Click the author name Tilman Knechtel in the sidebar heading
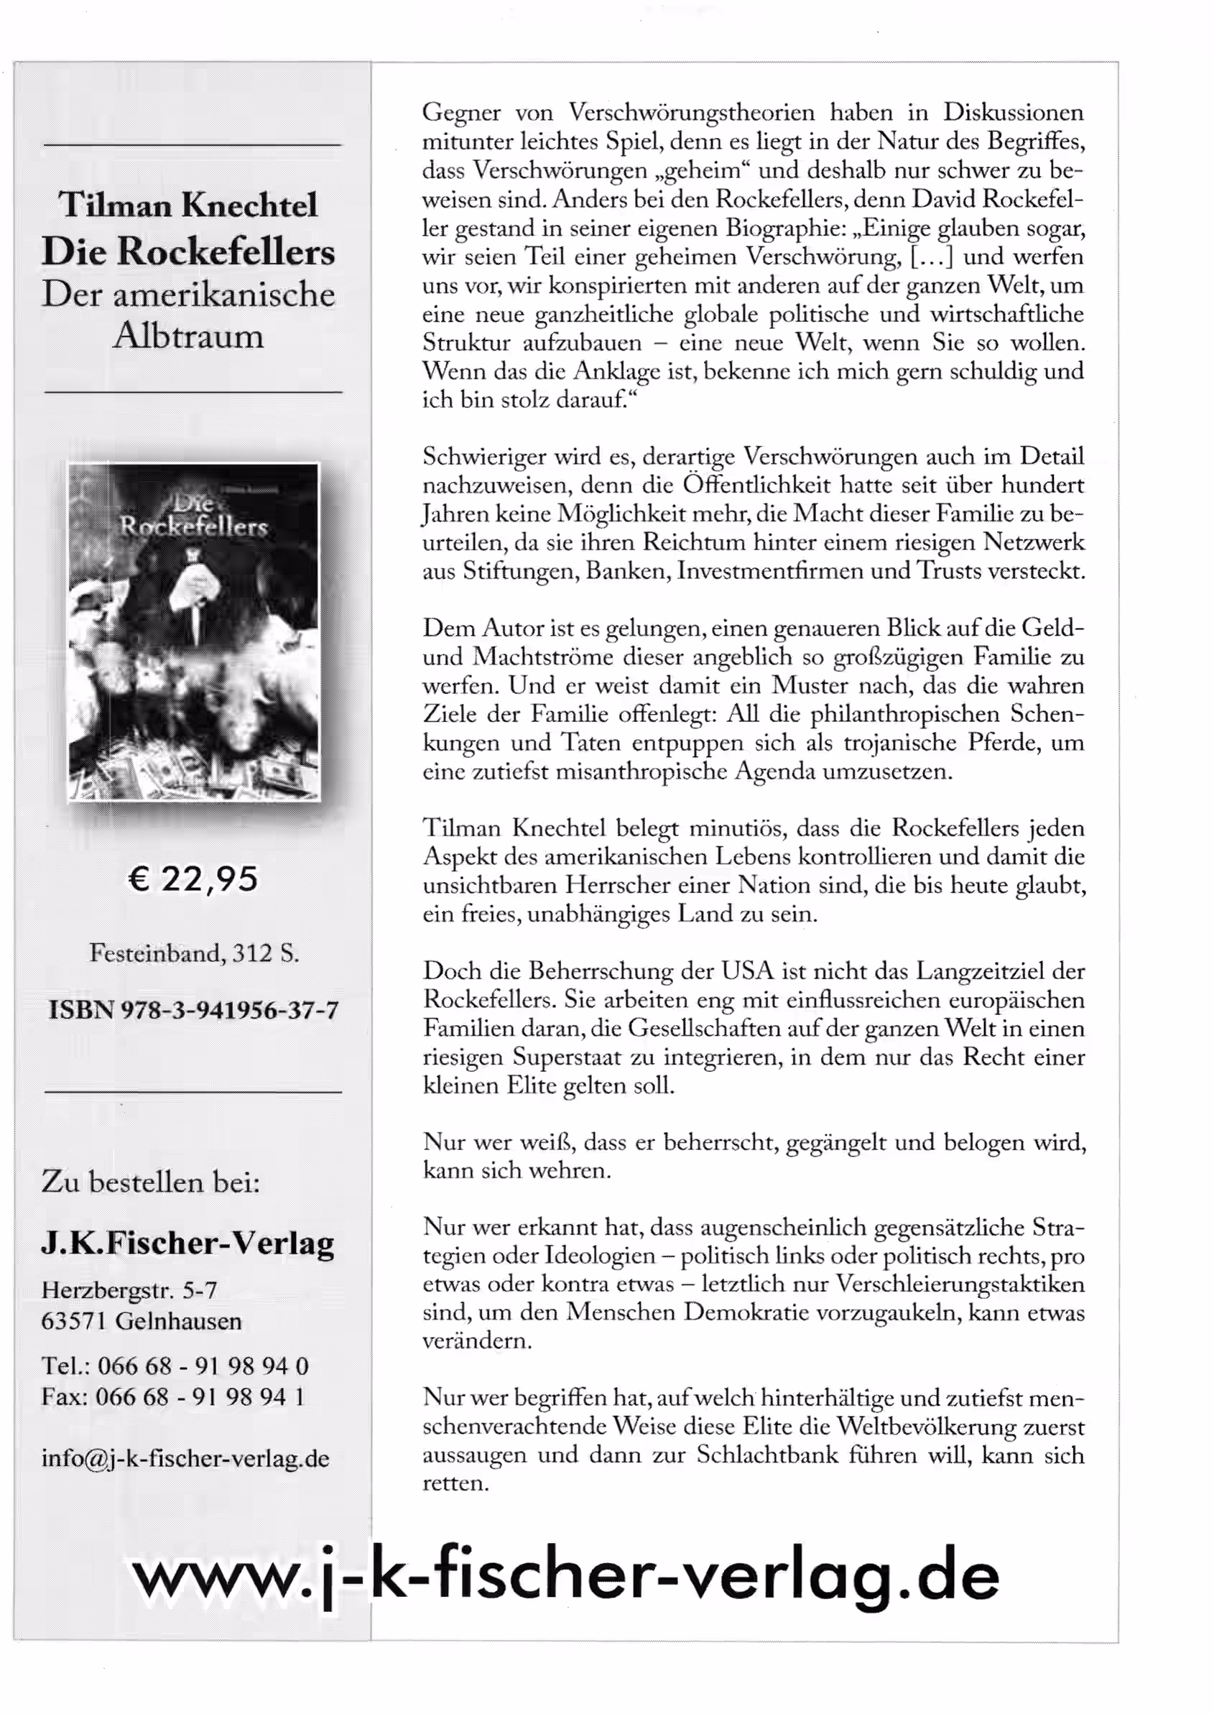tap(188, 205)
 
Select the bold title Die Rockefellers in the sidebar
tap(188, 251)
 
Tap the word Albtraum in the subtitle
tap(188, 336)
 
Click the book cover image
tap(194, 631)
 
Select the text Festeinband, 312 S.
tap(194, 953)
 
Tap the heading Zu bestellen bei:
tap(151, 1182)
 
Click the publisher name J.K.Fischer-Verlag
tap(187, 1242)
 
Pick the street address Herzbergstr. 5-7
tap(129, 1289)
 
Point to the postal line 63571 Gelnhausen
tap(142, 1321)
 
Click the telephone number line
tap(175, 1366)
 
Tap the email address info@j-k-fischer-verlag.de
tap(185, 1458)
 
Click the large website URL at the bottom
tap(565, 1578)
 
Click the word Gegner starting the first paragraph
tap(461, 113)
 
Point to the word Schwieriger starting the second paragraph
tap(483, 456)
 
